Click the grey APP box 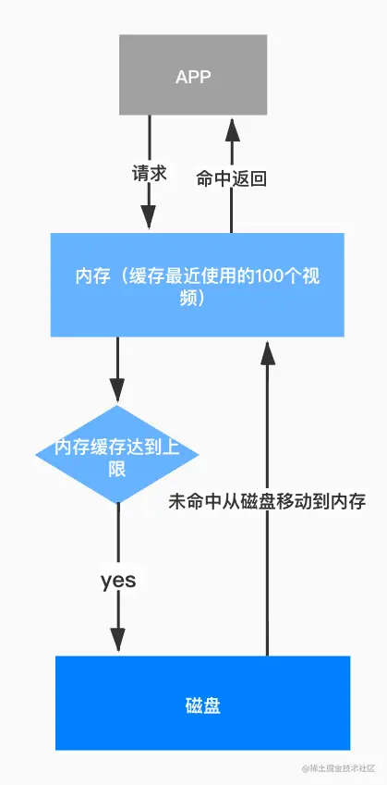coord(193,76)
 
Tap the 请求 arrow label coord(149,173)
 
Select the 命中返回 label coord(232,179)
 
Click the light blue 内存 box coord(197,285)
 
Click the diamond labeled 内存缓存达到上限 coord(117,455)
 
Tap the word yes coord(118,581)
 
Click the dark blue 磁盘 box coord(202,703)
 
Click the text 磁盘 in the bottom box coord(202,707)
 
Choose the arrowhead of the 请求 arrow coord(150,220)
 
